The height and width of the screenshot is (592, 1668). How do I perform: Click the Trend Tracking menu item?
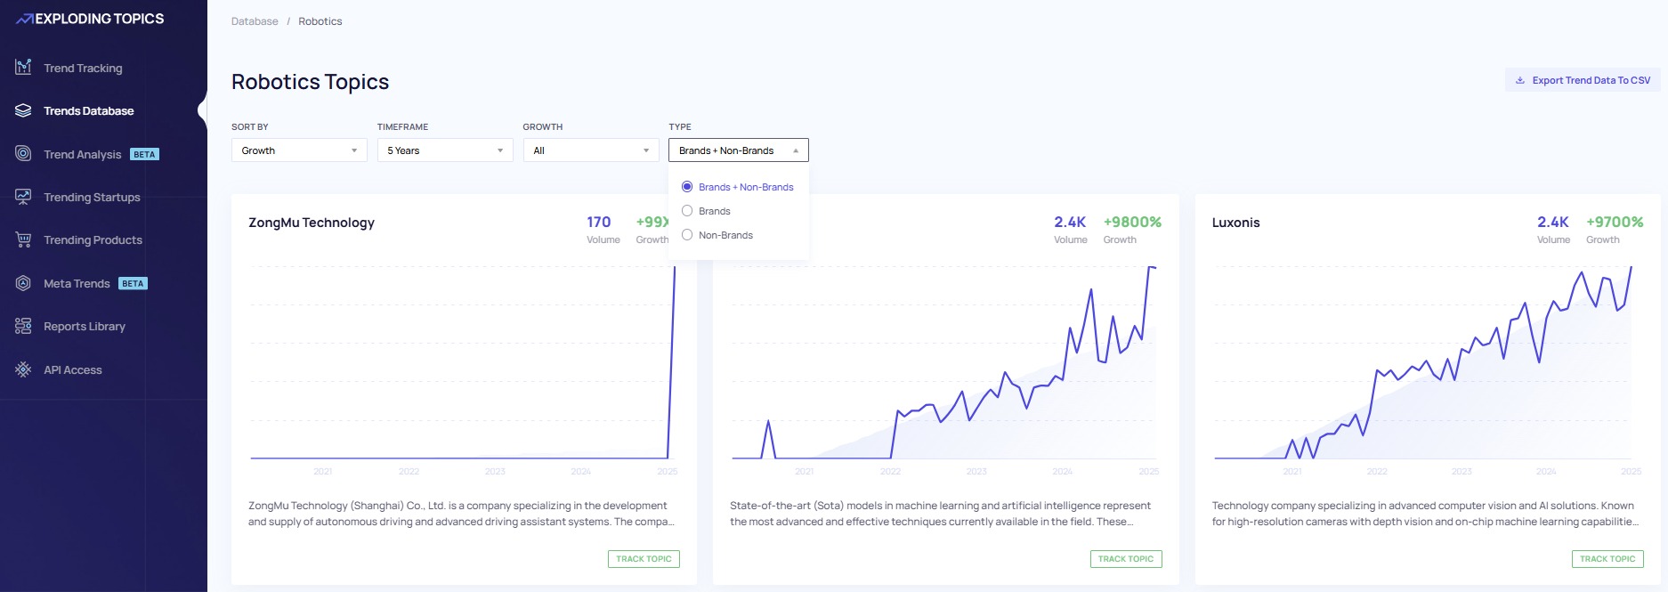[82, 69]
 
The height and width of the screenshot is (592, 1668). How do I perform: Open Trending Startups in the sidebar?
[91, 198]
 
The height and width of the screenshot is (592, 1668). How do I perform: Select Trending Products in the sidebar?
[92, 240]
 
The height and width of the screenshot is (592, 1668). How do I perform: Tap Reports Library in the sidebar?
[84, 327]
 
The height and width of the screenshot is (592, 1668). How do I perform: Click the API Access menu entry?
[72, 370]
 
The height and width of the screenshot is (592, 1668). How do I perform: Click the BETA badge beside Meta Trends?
[133, 284]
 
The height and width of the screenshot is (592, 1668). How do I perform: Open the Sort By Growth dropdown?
[299, 150]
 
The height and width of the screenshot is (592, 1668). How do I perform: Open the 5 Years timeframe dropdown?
[445, 150]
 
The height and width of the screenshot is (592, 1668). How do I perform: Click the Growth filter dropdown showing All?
[591, 150]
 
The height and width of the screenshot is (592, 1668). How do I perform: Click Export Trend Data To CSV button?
[1583, 80]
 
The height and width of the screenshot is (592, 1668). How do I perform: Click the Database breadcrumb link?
[255, 21]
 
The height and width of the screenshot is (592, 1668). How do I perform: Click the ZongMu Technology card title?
[312, 223]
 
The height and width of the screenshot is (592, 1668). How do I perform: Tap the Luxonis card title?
[1235, 223]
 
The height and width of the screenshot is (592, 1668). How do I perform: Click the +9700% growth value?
[1614, 222]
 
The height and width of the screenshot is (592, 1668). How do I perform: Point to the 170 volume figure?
[598, 222]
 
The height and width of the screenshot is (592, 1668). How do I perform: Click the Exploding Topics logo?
[90, 19]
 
